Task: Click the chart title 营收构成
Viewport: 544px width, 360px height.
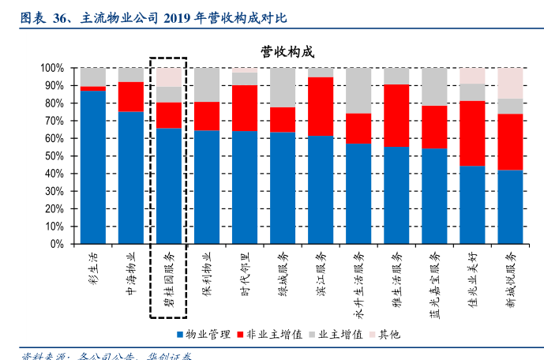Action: click(x=287, y=52)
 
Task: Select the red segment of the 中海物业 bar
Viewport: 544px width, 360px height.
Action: click(x=131, y=96)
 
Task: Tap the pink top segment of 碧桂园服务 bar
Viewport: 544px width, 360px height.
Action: click(x=168, y=77)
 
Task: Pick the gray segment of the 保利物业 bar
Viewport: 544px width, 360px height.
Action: click(x=207, y=84)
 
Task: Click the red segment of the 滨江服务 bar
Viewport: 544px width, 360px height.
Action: click(x=321, y=106)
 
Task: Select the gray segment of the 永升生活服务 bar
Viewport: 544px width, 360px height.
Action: click(x=358, y=90)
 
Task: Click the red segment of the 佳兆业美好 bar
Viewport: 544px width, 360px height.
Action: click(x=472, y=133)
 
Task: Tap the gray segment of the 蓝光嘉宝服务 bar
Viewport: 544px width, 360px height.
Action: click(x=434, y=86)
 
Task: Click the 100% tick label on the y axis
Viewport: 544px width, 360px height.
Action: click(x=51, y=68)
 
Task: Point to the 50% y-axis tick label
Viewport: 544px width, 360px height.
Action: click(x=54, y=156)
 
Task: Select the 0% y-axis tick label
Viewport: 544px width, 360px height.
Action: click(x=57, y=244)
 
